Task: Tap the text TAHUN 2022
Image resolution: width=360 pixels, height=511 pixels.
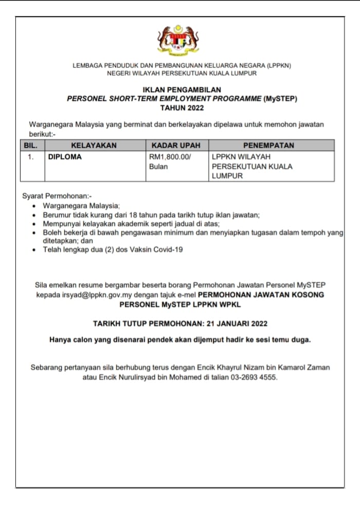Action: coord(182,108)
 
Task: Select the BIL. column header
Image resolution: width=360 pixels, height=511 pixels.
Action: coord(31,146)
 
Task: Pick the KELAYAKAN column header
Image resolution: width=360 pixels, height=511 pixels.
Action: coord(94,146)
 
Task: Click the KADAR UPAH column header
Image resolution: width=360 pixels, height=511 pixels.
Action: coord(176,146)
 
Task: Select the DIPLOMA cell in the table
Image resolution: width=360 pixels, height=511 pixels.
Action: coord(65,157)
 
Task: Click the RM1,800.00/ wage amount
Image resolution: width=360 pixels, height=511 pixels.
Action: coord(170,157)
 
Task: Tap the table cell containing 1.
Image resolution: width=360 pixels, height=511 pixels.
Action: coord(31,157)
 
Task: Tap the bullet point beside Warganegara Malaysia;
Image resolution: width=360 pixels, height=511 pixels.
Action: coord(34,205)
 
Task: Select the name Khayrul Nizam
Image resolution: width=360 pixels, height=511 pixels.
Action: coord(239,367)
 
